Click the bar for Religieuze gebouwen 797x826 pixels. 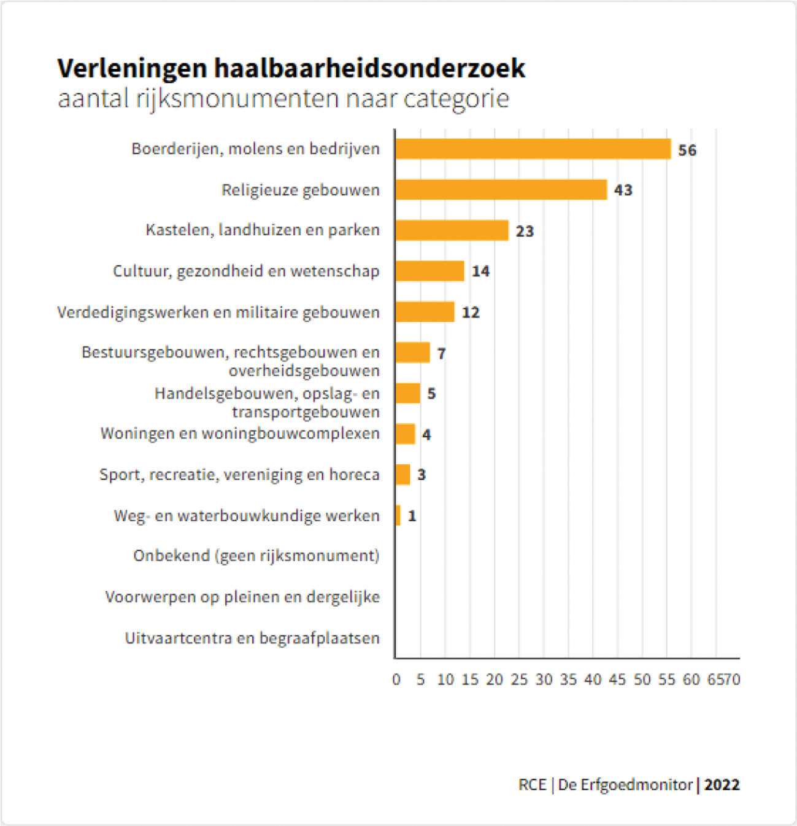click(x=501, y=190)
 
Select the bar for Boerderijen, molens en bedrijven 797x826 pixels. click(x=533, y=149)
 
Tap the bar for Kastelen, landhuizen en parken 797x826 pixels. click(x=452, y=230)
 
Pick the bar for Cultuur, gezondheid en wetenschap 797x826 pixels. click(x=429, y=271)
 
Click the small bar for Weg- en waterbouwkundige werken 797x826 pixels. click(x=398, y=515)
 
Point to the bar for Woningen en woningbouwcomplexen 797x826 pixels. click(x=406, y=434)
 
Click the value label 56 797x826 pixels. click(x=687, y=150)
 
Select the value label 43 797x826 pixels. click(x=623, y=190)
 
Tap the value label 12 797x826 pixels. click(x=471, y=313)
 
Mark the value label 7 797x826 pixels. click(x=441, y=354)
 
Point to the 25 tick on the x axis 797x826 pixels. click(x=519, y=680)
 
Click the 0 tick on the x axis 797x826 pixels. click(x=396, y=680)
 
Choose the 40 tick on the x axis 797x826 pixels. click(x=593, y=680)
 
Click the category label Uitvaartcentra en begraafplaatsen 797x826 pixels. click(x=252, y=638)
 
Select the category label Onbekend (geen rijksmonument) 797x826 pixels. click(x=256, y=556)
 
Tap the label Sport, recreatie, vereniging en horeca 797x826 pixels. click(x=239, y=475)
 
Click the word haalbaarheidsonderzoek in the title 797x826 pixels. click(x=369, y=68)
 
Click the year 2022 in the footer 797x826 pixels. click(x=722, y=785)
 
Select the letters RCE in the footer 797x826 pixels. click(x=533, y=785)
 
